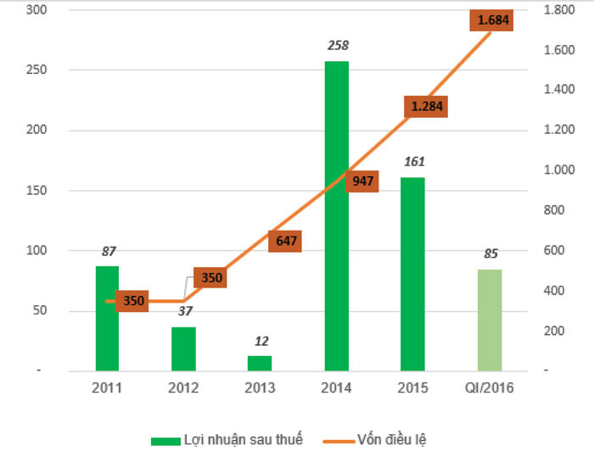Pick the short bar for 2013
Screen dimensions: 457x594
pos(260,363)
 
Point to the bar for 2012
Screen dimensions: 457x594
pos(183,348)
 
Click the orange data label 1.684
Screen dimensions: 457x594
pos(493,20)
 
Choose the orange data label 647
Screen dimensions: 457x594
pos(287,241)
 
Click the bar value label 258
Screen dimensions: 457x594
pos(338,45)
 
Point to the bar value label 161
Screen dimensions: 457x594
pos(414,161)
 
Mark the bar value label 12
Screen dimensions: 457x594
pos(261,341)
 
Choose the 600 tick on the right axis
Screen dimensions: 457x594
pos(552,250)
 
